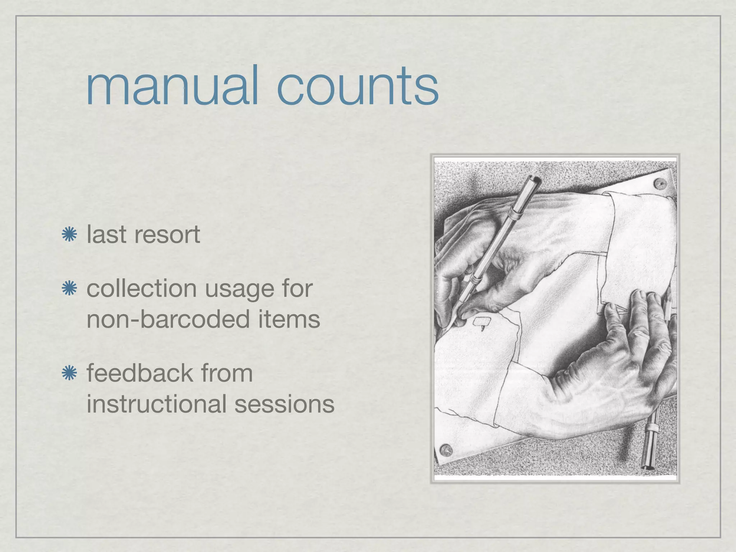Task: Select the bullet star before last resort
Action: [x=69, y=235]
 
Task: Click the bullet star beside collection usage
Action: [x=69, y=289]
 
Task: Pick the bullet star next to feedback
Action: [x=69, y=373]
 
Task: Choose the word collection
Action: [x=141, y=288]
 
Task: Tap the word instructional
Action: [x=156, y=404]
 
